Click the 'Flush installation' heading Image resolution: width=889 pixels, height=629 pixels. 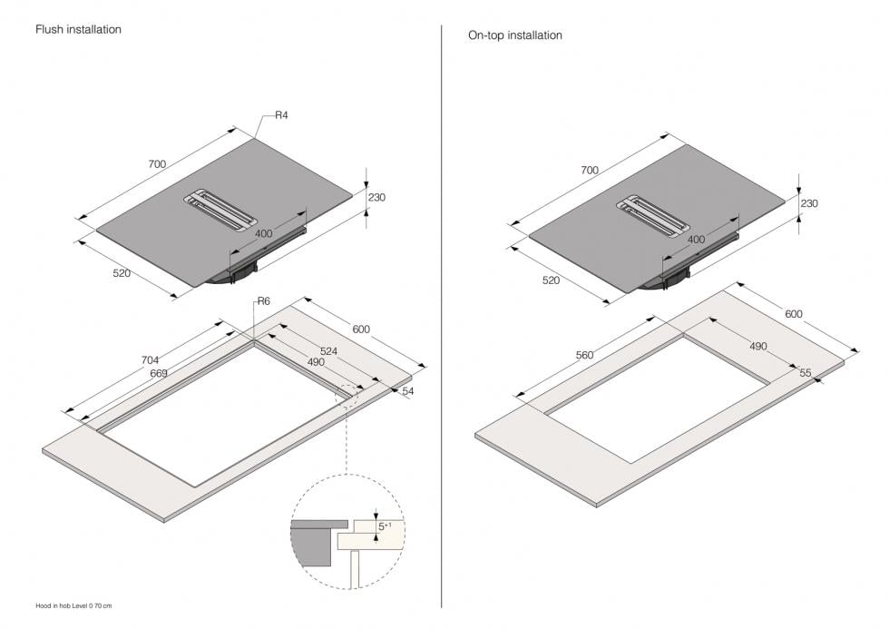[x=78, y=29]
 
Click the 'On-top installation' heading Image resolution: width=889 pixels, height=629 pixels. [x=515, y=35]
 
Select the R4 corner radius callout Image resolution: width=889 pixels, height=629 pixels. [x=281, y=115]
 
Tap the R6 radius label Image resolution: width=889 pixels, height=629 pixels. [x=264, y=301]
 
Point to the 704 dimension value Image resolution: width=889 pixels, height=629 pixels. [x=150, y=360]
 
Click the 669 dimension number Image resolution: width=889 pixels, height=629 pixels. [x=159, y=373]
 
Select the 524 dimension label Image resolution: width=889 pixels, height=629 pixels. [x=328, y=351]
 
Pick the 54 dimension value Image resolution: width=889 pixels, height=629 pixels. [x=408, y=391]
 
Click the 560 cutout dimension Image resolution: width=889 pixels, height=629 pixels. [x=584, y=355]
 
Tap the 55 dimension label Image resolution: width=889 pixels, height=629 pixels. [x=806, y=373]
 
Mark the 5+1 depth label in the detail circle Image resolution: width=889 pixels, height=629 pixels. [x=385, y=526]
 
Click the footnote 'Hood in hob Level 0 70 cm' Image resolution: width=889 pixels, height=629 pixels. [x=73, y=605]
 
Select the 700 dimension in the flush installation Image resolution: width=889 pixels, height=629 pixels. [x=157, y=164]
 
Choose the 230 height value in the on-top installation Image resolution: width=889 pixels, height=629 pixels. [x=809, y=203]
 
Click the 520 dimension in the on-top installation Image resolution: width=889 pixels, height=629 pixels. [x=552, y=280]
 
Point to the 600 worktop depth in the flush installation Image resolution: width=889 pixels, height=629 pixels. [x=361, y=329]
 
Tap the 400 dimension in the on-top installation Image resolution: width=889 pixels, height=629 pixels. [x=697, y=240]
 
